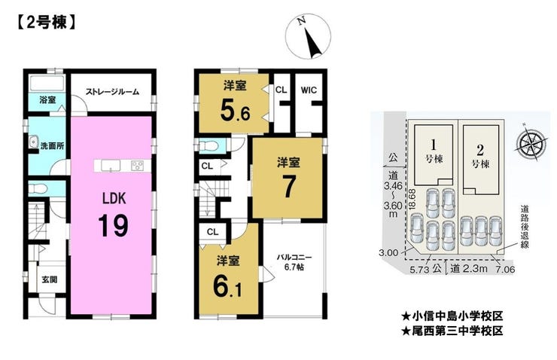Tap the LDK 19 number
click(114, 225)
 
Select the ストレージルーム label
click(112, 92)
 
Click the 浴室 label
click(47, 100)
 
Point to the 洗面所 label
click(52, 145)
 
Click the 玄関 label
click(50, 279)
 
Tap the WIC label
click(309, 90)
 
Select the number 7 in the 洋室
click(289, 188)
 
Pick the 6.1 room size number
click(228, 285)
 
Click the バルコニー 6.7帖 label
click(294, 262)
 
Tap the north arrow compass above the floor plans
click(309, 36)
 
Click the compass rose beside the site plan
click(529, 143)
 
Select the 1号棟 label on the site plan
click(434, 151)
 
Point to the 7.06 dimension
click(505, 270)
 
